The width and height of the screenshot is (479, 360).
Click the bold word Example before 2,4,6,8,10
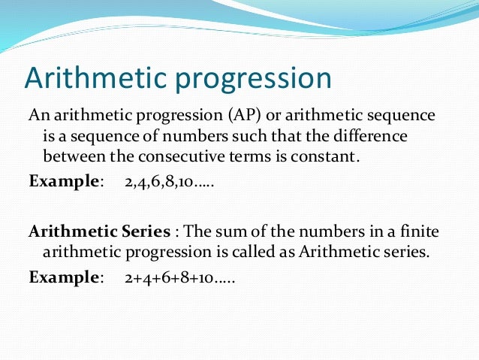(63, 181)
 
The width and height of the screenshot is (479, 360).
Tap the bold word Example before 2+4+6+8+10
(63, 277)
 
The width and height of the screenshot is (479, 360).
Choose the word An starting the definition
(38, 116)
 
